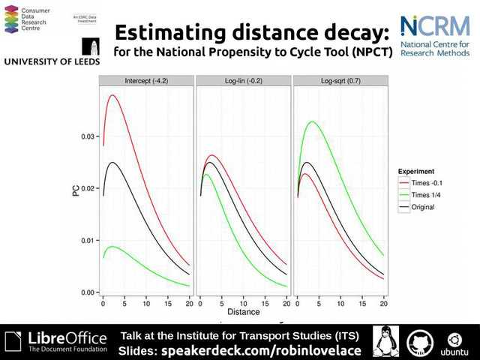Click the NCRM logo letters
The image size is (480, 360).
pos(435,27)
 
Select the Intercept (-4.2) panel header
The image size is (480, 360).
pos(146,79)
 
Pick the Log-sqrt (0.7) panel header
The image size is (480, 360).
pos(340,79)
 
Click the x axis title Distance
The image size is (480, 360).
pos(244,311)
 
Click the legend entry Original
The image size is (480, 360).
pos(423,206)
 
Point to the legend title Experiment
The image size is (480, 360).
pos(417,172)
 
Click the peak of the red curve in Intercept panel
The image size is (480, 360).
pos(112,95)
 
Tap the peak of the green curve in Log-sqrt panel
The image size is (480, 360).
pos(311,121)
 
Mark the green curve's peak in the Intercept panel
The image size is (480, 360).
pos(112,246)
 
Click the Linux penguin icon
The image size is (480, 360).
pos(385,342)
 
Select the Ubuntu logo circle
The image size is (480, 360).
pos(454,338)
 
